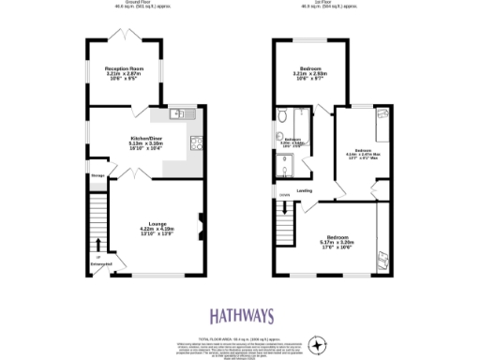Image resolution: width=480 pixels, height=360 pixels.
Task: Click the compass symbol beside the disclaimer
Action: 320,346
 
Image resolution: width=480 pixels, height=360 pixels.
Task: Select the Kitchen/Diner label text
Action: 146,142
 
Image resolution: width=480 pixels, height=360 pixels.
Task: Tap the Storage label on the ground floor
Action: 97,175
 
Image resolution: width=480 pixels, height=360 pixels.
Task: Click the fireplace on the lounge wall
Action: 200,222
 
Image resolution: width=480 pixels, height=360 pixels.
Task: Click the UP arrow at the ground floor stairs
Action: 97,254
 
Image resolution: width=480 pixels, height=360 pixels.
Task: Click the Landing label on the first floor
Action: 305,191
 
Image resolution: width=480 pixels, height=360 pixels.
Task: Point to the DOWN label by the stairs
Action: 284,195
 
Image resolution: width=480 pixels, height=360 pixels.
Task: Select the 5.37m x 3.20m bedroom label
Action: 338,241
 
